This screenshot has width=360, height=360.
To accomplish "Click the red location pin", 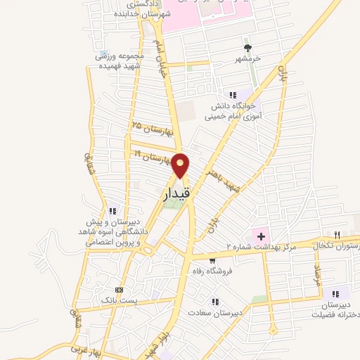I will pos(181,166).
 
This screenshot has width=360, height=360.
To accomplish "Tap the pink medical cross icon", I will pos(260,234).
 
